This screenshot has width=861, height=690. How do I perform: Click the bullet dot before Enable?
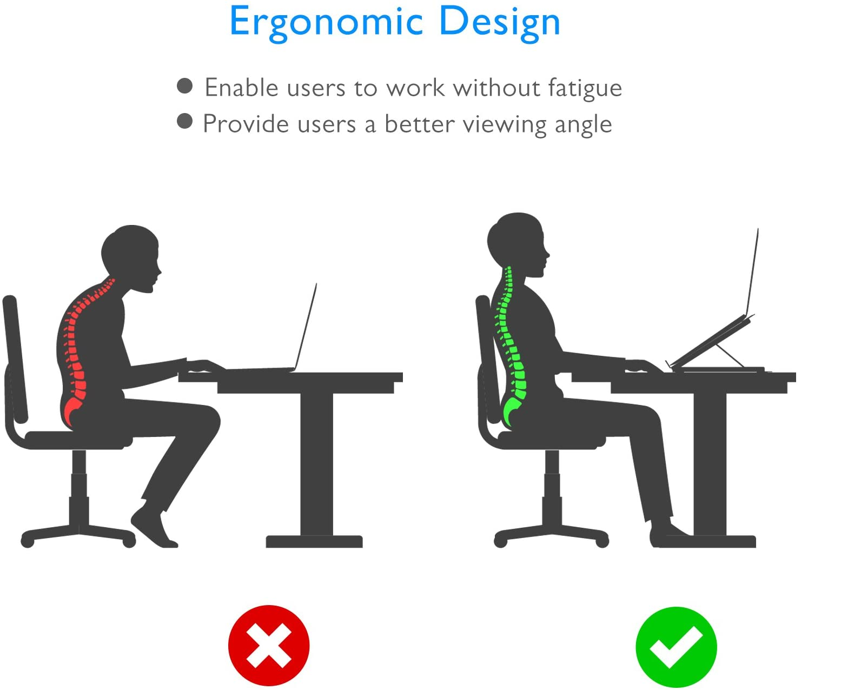pyautogui.click(x=184, y=86)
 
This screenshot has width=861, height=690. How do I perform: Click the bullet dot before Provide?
pyautogui.click(x=184, y=121)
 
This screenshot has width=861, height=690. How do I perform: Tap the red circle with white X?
pyautogui.click(x=269, y=646)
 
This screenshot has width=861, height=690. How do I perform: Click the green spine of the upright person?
pyautogui.click(x=512, y=352)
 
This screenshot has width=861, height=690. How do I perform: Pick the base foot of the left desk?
pyautogui.click(x=314, y=542)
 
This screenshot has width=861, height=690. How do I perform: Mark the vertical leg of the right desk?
pyautogui.click(x=710, y=464)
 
